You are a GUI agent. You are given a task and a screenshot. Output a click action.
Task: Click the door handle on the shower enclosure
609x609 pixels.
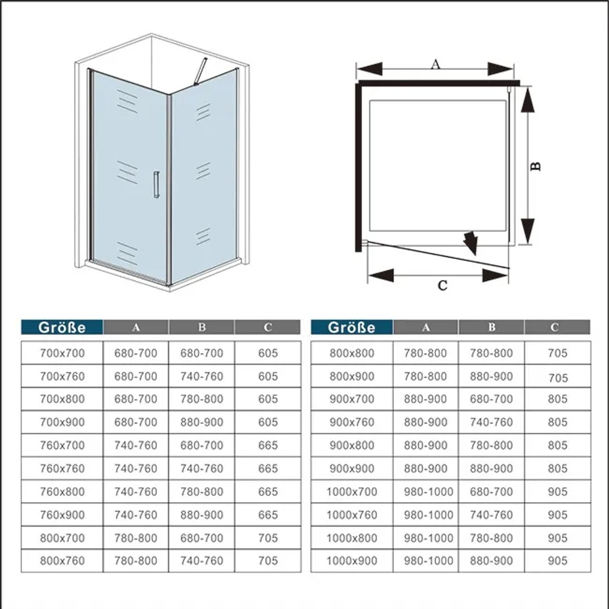(156, 185)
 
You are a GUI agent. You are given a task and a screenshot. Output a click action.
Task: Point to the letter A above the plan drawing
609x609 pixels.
(435, 64)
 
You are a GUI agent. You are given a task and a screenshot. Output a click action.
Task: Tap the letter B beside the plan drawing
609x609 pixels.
(536, 166)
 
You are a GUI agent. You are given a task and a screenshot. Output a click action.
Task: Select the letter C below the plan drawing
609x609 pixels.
(443, 285)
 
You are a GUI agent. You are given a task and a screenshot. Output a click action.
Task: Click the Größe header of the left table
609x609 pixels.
(62, 327)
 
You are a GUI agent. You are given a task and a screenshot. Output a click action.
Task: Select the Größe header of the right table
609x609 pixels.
(352, 327)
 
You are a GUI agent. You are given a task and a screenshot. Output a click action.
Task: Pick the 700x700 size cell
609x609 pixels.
(62, 353)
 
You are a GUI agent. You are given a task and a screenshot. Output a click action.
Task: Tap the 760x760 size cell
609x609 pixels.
(62, 468)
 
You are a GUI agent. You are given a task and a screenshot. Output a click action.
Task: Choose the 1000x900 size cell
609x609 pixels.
(352, 561)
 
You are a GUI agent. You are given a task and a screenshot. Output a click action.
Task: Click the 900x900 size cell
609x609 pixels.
(352, 468)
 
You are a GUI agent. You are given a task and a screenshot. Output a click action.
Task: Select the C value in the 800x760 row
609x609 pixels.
(268, 561)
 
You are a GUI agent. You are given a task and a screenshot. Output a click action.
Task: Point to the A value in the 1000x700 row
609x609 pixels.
(428, 492)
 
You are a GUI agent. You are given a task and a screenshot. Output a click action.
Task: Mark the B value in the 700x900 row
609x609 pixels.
(202, 422)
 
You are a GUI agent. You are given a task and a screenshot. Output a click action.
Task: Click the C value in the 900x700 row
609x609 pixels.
(557, 399)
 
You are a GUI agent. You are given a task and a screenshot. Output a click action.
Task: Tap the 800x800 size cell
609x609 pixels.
(352, 353)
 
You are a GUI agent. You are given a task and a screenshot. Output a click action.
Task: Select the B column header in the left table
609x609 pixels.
(202, 327)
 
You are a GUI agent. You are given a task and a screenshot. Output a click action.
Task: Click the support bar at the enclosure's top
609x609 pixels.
(200, 71)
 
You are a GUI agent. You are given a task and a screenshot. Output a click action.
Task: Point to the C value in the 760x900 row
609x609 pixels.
(268, 515)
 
